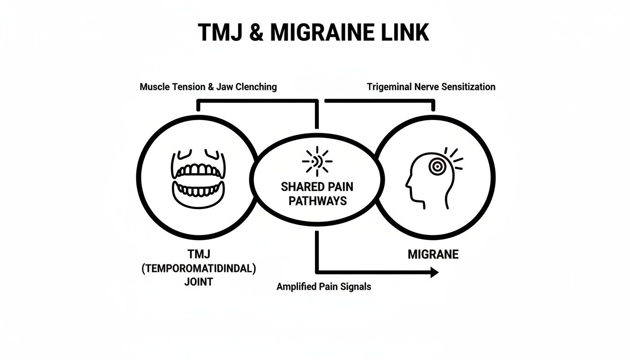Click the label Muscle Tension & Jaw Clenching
point(208,87)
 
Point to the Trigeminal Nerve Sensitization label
point(431,87)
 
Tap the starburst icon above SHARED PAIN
point(317,162)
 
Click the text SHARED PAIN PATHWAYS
point(317,194)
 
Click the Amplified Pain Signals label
point(323,286)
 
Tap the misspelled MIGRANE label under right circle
point(433,255)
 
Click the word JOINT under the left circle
point(199,282)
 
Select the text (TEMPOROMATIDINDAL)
point(199,269)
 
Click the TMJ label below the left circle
point(199,255)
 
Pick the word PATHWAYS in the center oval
point(317,201)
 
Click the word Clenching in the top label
point(256,87)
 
